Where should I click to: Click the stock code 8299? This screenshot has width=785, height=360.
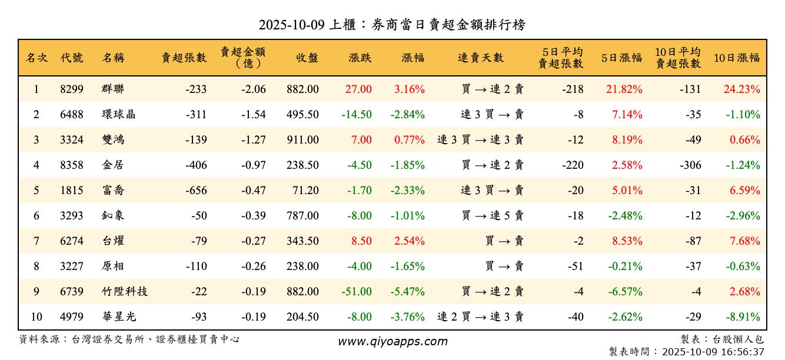click(x=72, y=89)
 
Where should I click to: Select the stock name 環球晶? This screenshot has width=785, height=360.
click(x=118, y=115)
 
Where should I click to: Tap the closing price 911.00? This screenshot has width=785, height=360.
click(x=302, y=140)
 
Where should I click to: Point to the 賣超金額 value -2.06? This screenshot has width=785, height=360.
click(x=254, y=89)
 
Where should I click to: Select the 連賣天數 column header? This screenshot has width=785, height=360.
click(x=481, y=58)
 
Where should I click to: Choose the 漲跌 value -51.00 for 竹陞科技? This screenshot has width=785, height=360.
click(x=357, y=292)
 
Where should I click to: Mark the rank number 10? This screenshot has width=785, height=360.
click(x=36, y=317)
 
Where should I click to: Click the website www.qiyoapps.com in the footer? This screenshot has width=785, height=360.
click(x=392, y=341)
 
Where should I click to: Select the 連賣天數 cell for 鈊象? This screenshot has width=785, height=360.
click(x=493, y=216)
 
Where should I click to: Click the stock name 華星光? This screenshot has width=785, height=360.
click(x=118, y=317)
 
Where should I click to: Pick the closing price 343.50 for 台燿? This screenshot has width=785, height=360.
click(x=302, y=241)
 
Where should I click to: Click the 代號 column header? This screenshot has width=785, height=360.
click(x=72, y=58)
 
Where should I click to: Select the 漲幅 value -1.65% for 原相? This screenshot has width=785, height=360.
click(x=407, y=266)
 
